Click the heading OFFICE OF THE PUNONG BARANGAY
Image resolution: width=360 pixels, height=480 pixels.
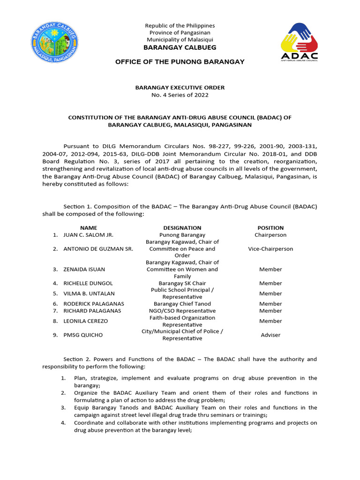click(x=180, y=62)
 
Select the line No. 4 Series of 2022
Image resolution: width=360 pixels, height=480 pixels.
click(x=180, y=95)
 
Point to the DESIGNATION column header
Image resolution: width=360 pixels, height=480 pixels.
click(x=182, y=228)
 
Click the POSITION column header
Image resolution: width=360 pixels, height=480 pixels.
click(x=270, y=228)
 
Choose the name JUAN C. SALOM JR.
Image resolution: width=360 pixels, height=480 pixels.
click(x=89, y=235)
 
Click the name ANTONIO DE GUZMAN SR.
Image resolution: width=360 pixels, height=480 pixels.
click(x=98, y=249)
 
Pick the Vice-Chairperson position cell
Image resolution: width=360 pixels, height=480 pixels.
click(x=270, y=249)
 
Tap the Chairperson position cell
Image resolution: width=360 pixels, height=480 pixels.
click(x=270, y=235)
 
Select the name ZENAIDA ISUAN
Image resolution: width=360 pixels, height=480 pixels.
click(x=84, y=270)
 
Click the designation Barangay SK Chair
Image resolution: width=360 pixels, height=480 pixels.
click(x=182, y=283)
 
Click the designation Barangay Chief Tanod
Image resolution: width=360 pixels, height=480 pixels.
click(x=182, y=304)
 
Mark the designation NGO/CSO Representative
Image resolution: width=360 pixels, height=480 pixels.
click(x=182, y=311)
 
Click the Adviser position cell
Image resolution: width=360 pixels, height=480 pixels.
click(x=270, y=335)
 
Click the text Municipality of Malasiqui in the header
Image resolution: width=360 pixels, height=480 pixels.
click(x=180, y=40)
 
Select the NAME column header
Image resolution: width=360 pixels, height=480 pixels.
click(x=89, y=228)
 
